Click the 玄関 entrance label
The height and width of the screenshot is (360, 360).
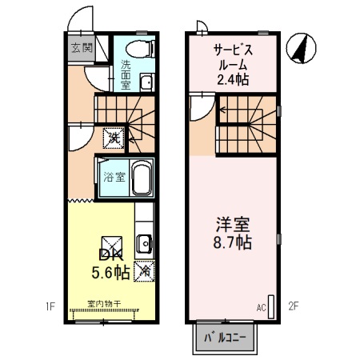click(81, 48)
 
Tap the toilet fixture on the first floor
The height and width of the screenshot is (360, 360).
click(141, 47)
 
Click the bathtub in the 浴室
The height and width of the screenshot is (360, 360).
click(141, 178)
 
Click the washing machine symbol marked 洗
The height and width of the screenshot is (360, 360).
click(114, 138)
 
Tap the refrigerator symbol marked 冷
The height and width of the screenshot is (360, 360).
click(144, 270)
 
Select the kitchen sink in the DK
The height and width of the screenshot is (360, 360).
click(144, 243)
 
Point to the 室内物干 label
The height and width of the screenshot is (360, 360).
click(103, 303)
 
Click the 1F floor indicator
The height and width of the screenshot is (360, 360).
click(50, 305)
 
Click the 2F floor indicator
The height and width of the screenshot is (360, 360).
click(293, 305)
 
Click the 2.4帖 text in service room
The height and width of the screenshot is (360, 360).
click(233, 79)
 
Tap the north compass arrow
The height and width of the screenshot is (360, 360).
click(301, 49)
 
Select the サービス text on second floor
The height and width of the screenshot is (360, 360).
click(233, 50)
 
